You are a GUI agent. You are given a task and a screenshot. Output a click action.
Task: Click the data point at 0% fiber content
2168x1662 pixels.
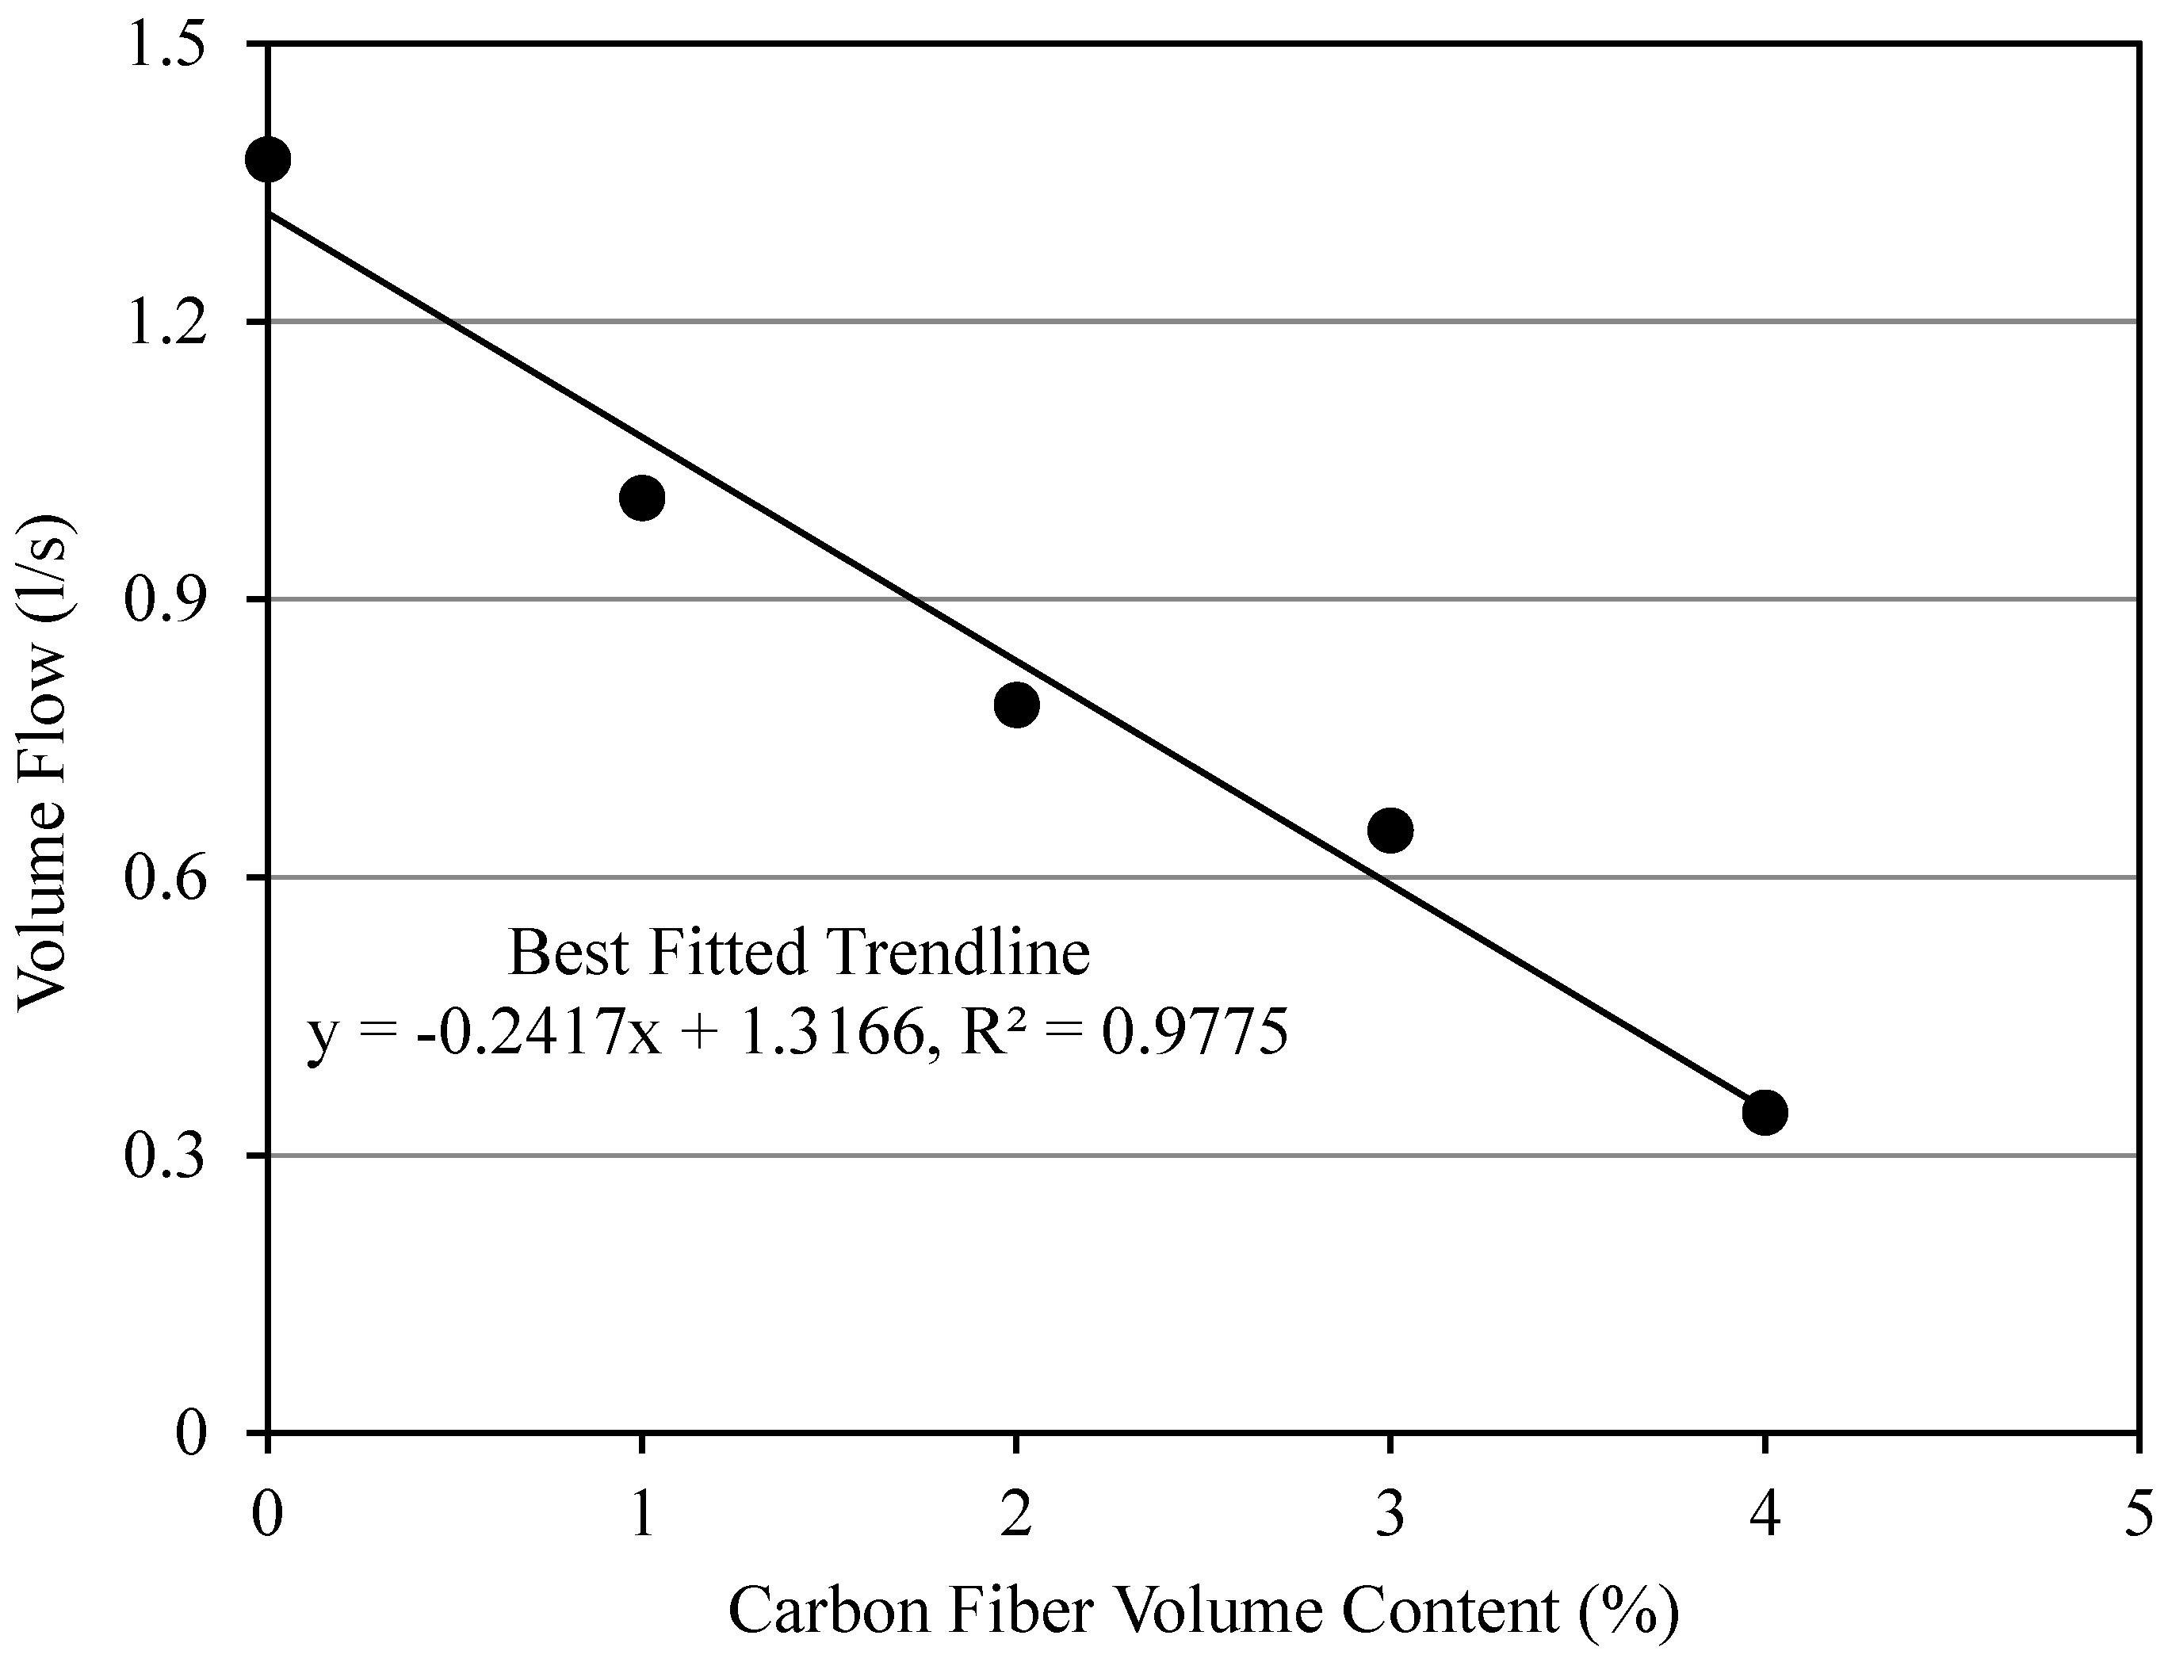click(x=267, y=159)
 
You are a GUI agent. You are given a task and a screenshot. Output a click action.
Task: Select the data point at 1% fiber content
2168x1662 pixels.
click(x=641, y=498)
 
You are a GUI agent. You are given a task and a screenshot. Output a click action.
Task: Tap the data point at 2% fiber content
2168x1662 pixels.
click(x=1016, y=705)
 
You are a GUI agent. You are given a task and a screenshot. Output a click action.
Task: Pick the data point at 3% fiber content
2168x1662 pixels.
click(x=1390, y=830)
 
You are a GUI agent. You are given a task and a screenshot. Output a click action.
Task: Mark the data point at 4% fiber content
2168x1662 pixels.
click(x=1765, y=1112)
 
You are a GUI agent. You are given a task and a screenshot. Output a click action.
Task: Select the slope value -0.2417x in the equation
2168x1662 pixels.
click(x=538, y=1033)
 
